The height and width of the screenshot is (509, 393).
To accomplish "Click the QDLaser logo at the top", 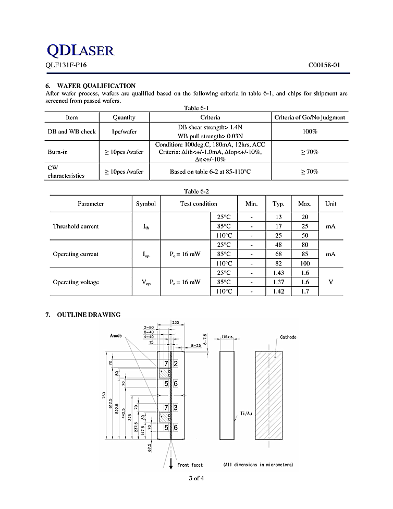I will point(80,50).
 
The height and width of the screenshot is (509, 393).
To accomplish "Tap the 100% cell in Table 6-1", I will point(310,131).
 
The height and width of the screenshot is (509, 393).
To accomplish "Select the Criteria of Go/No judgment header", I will point(310,117).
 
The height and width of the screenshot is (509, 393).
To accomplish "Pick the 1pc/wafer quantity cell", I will point(124,131).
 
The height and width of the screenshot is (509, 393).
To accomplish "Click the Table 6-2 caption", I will point(196,191).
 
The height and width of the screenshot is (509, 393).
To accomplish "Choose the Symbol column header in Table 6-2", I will point(145,203).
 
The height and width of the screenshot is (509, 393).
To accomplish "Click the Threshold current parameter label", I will point(76,226).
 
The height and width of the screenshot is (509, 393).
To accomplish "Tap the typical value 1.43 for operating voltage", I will point(278,273).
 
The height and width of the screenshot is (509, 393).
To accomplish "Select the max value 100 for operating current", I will point(304,263).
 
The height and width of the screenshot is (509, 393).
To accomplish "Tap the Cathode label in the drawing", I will point(288,337).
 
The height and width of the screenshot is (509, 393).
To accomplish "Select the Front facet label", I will point(190,464).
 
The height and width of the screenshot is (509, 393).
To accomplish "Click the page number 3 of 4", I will point(197,478).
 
